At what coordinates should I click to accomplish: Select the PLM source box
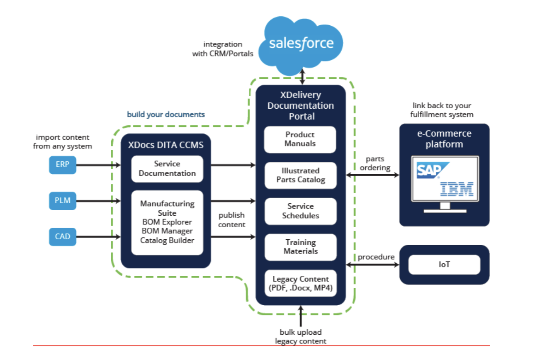[x=63, y=201]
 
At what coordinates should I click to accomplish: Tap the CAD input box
[x=63, y=237]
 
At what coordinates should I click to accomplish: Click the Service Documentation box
[x=167, y=169]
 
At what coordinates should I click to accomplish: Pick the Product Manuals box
[x=300, y=139]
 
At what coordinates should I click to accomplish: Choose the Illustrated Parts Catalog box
[x=300, y=175]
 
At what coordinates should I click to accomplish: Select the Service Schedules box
[x=300, y=211]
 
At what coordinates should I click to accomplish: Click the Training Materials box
[x=300, y=247]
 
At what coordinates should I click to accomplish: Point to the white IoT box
[x=444, y=265]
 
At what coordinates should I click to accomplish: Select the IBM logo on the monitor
[x=457, y=189]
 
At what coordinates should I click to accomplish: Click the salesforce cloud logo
[x=301, y=44]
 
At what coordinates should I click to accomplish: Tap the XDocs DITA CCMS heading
[x=165, y=145]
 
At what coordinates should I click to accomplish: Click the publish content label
[x=232, y=220]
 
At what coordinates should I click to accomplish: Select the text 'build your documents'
[x=166, y=114]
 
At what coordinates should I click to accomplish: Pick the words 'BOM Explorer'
[x=167, y=222]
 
